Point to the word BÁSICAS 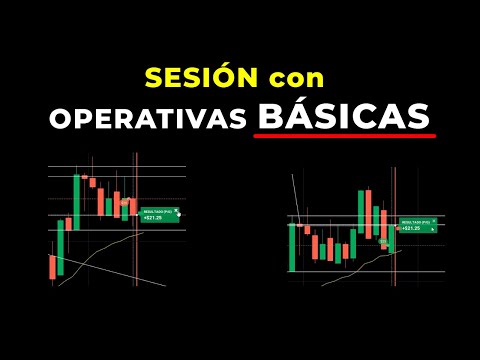[x=343, y=115]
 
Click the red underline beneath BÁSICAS [x=343, y=134]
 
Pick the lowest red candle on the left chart [x=51, y=266]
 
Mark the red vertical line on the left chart [x=136, y=230]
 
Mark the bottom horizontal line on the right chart [x=360, y=272]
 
